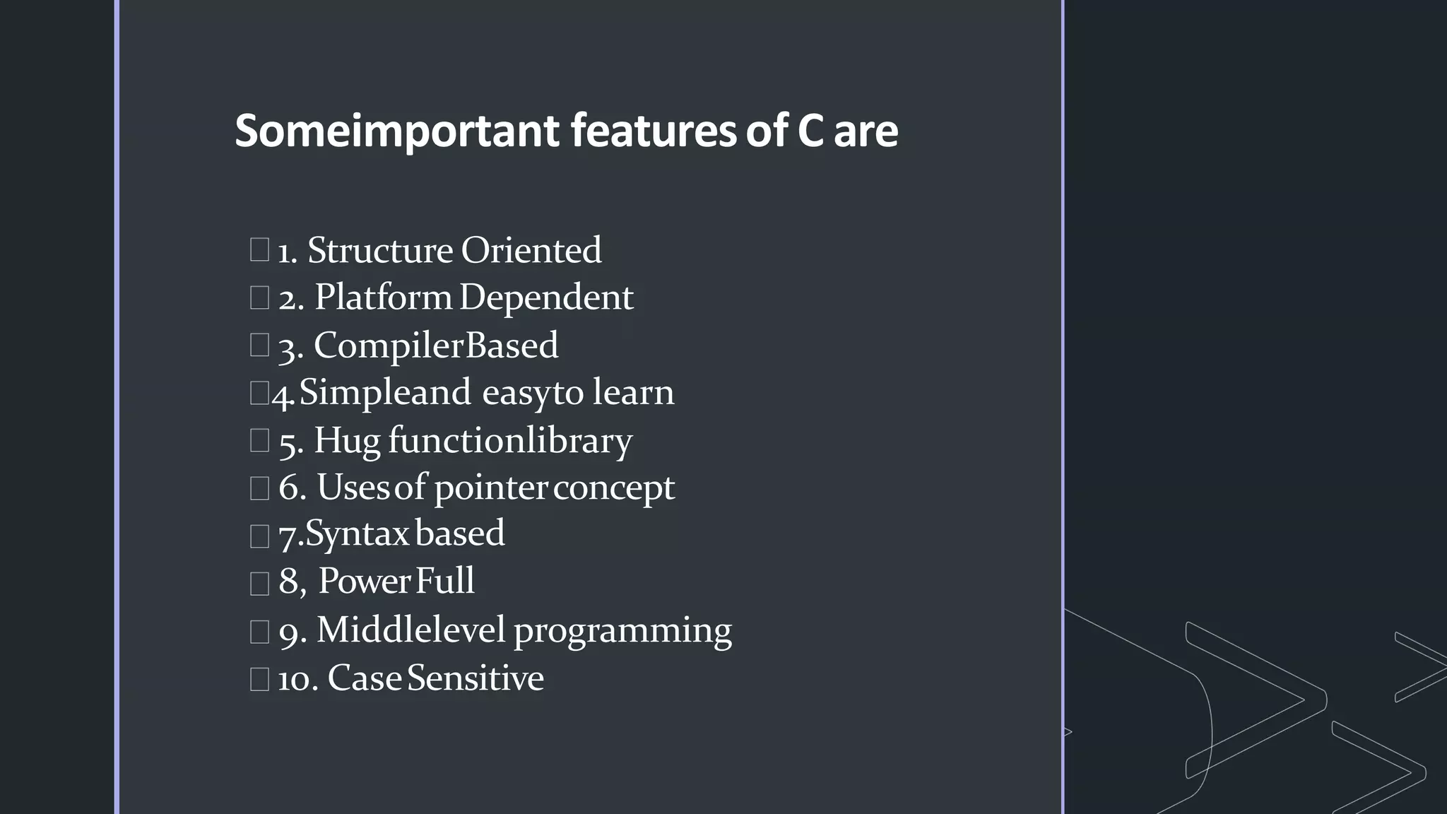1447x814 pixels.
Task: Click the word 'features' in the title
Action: point(654,131)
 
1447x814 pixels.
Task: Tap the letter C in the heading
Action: point(810,131)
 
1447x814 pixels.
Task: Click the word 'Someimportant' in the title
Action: point(397,131)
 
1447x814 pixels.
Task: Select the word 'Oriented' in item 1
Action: point(531,250)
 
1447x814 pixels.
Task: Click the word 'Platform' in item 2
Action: point(383,297)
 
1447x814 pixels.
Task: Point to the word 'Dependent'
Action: point(546,297)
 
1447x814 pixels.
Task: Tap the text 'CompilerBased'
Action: point(436,346)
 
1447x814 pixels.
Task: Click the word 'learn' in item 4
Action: point(633,392)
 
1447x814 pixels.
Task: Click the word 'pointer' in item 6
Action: point(490,488)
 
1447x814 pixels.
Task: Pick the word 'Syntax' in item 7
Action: point(358,534)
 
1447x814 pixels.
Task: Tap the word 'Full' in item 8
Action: point(445,581)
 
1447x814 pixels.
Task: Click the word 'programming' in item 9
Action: point(622,630)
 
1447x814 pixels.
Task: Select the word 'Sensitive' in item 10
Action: point(476,678)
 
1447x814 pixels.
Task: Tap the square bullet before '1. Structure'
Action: point(259,249)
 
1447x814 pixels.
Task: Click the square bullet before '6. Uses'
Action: point(259,488)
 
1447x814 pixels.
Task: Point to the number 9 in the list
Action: point(290,632)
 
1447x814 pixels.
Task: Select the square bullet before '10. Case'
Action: point(259,679)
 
